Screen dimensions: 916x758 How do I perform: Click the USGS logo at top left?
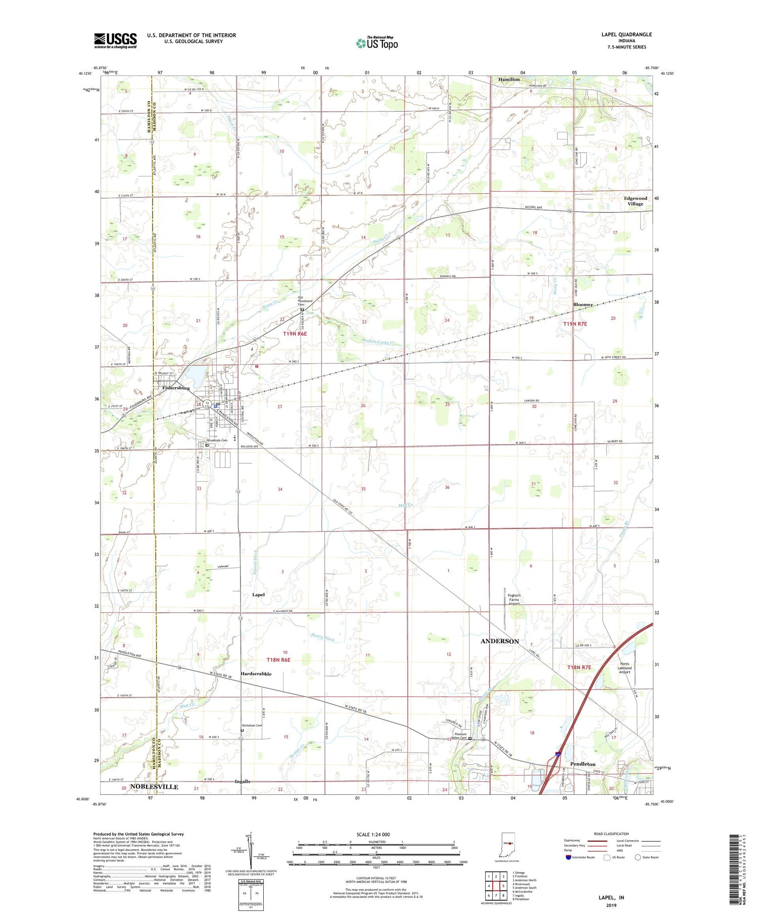click(115, 40)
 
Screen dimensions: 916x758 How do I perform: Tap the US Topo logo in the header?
click(377, 43)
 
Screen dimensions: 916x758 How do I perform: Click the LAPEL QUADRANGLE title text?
click(626, 34)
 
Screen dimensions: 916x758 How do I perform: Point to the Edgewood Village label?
click(635, 201)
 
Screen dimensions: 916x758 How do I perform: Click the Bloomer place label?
click(583, 305)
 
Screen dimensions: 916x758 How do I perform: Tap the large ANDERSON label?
click(500, 641)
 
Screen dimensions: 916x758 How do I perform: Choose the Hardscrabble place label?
click(256, 674)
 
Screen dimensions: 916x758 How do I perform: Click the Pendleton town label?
click(583, 764)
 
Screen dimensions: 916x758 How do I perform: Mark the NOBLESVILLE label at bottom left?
click(154, 787)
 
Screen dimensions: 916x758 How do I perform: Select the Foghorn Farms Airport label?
click(514, 599)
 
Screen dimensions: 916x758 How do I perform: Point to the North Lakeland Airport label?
click(625, 668)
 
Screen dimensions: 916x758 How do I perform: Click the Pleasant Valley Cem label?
click(460, 736)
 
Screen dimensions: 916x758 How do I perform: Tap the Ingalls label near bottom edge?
click(243, 782)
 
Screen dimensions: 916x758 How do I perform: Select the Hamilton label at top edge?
click(509, 79)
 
